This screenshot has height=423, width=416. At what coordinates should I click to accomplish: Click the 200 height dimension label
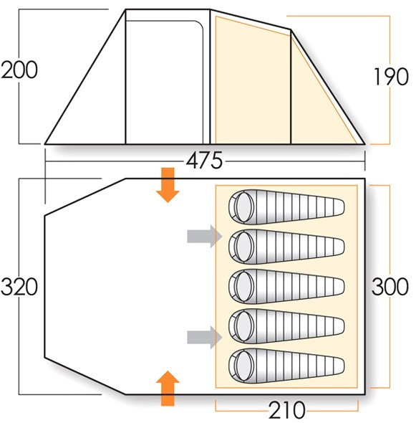pos(19,70)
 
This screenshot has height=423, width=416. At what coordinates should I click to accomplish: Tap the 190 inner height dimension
pos(391,77)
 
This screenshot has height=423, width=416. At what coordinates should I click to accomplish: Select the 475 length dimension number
pos(205,161)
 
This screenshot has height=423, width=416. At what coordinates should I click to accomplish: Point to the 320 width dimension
pos(19,287)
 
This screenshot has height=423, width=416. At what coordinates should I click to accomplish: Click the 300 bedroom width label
pos(390,287)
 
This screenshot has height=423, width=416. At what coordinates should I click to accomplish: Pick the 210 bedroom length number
pos(287,410)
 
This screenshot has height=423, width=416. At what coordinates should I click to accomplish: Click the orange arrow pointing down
pos(168,185)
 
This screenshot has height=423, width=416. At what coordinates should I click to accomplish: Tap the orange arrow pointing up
pos(168,388)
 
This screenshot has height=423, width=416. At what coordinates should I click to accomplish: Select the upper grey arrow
pos(205,237)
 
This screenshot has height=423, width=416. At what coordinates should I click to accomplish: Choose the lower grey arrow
pos(205,337)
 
